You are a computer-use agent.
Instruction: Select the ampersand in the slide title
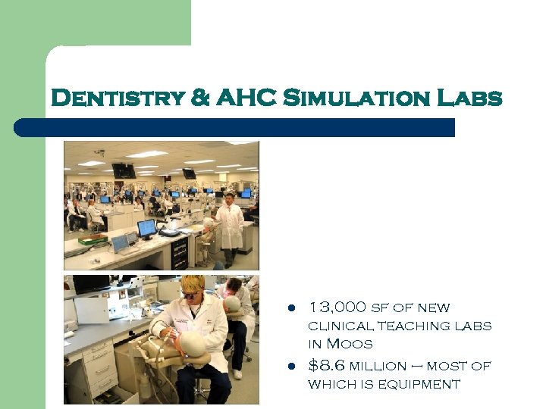(x=201, y=99)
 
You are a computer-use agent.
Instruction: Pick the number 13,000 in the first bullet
(x=337, y=308)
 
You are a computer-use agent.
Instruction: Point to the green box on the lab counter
(x=93, y=239)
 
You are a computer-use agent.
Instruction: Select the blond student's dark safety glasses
(x=191, y=294)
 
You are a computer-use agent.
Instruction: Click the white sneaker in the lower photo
(x=237, y=373)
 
